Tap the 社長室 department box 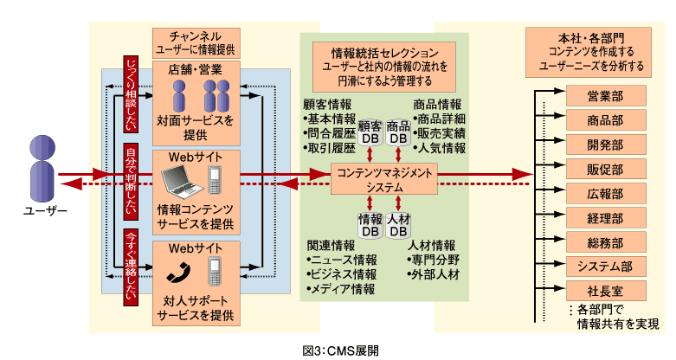[x=605, y=290]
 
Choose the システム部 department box [x=605, y=266]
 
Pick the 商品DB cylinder [x=398, y=132]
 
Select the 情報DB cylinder [x=370, y=225]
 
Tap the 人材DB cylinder [x=398, y=225]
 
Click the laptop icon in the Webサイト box [x=182, y=180]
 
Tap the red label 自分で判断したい [x=131, y=179]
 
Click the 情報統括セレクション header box [x=384, y=67]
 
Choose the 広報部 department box [x=605, y=193]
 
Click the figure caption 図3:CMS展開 [x=341, y=350]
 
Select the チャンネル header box [x=195, y=42]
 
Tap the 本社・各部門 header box [x=589, y=52]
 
